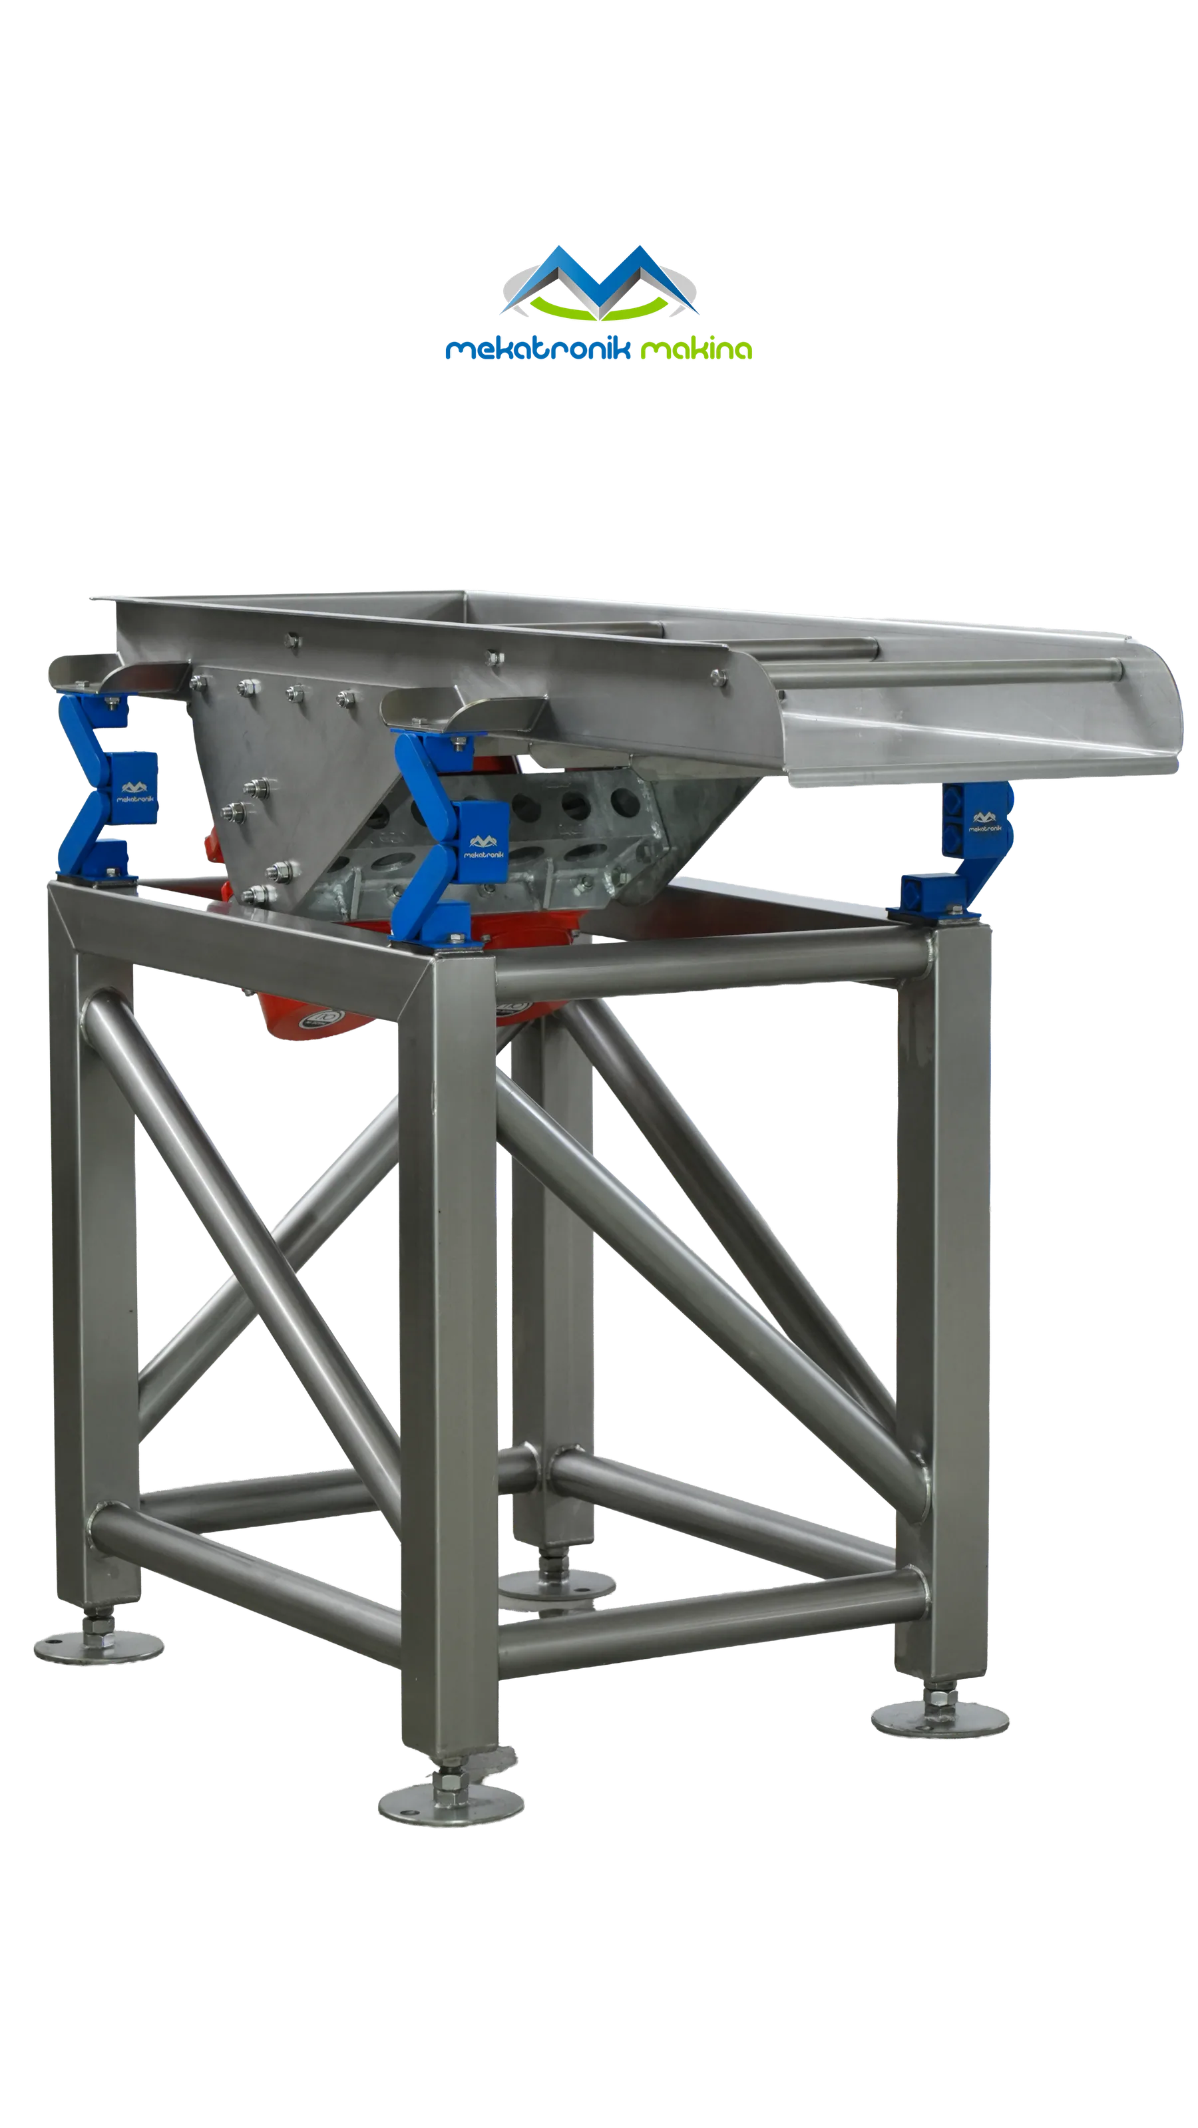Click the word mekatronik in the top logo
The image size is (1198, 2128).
click(x=538, y=349)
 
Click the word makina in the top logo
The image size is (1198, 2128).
click(x=696, y=349)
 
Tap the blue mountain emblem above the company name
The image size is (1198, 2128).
click(x=600, y=281)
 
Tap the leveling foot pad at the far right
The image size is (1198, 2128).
click(x=940, y=1718)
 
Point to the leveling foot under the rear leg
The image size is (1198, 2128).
click(x=556, y=1584)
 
